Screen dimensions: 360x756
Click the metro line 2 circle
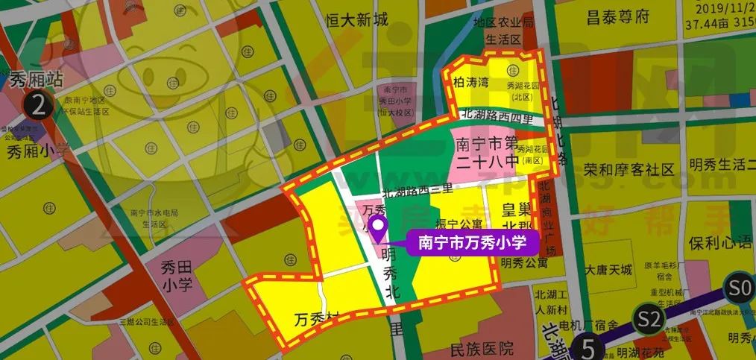pyautogui.click(x=39, y=104)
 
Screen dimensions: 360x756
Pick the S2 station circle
pyautogui.click(x=649, y=320)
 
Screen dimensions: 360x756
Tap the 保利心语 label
pyautogui.click(x=720, y=244)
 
